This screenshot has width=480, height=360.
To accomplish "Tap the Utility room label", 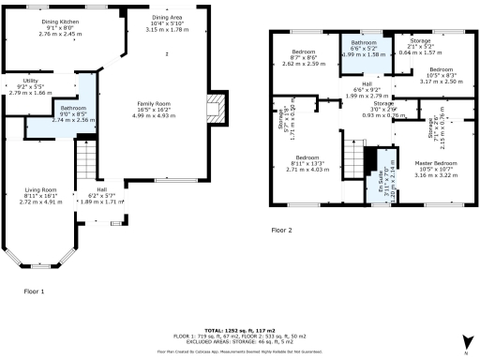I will pyautogui.click(x=29, y=87).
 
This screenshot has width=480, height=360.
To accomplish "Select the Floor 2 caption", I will pyautogui.click(x=281, y=230).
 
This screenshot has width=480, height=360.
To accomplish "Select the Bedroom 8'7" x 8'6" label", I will pyautogui.click(x=302, y=57).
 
